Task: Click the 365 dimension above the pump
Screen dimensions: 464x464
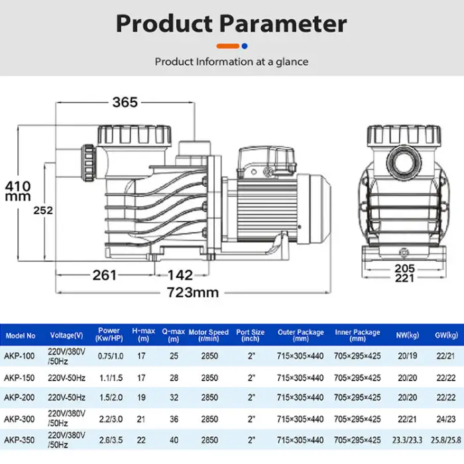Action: (125, 102)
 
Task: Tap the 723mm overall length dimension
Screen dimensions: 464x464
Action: (193, 292)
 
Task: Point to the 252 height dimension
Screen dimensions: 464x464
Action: (43, 210)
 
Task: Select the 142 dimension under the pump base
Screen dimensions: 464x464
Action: (180, 275)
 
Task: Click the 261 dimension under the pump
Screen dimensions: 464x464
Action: (105, 275)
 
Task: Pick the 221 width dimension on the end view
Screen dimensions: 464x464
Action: (404, 278)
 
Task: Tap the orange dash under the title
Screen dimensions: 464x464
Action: (227, 46)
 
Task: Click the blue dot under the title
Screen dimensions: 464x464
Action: (245, 46)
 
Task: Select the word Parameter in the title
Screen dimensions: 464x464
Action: (283, 23)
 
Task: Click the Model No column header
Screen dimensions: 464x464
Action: (21, 336)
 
